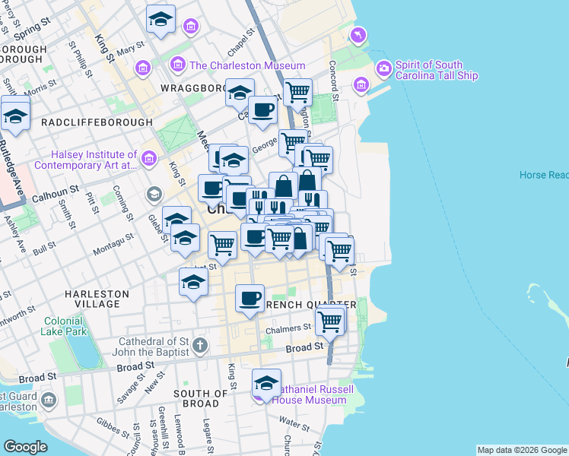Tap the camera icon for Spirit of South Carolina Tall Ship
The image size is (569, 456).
coord(383,68)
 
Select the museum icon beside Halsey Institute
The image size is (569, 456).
coord(148,159)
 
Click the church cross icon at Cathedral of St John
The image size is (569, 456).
coord(199,346)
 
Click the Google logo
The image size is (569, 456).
coord(25,447)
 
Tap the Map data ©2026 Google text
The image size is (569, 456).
coord(521,450)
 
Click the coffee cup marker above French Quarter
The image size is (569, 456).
coord(249,298)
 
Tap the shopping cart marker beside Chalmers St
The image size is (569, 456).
coord(329,321)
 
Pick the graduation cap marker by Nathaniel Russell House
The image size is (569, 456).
coord(266,382)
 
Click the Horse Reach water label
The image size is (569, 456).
coord(543,175)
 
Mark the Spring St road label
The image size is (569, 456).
coord(30,33)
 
